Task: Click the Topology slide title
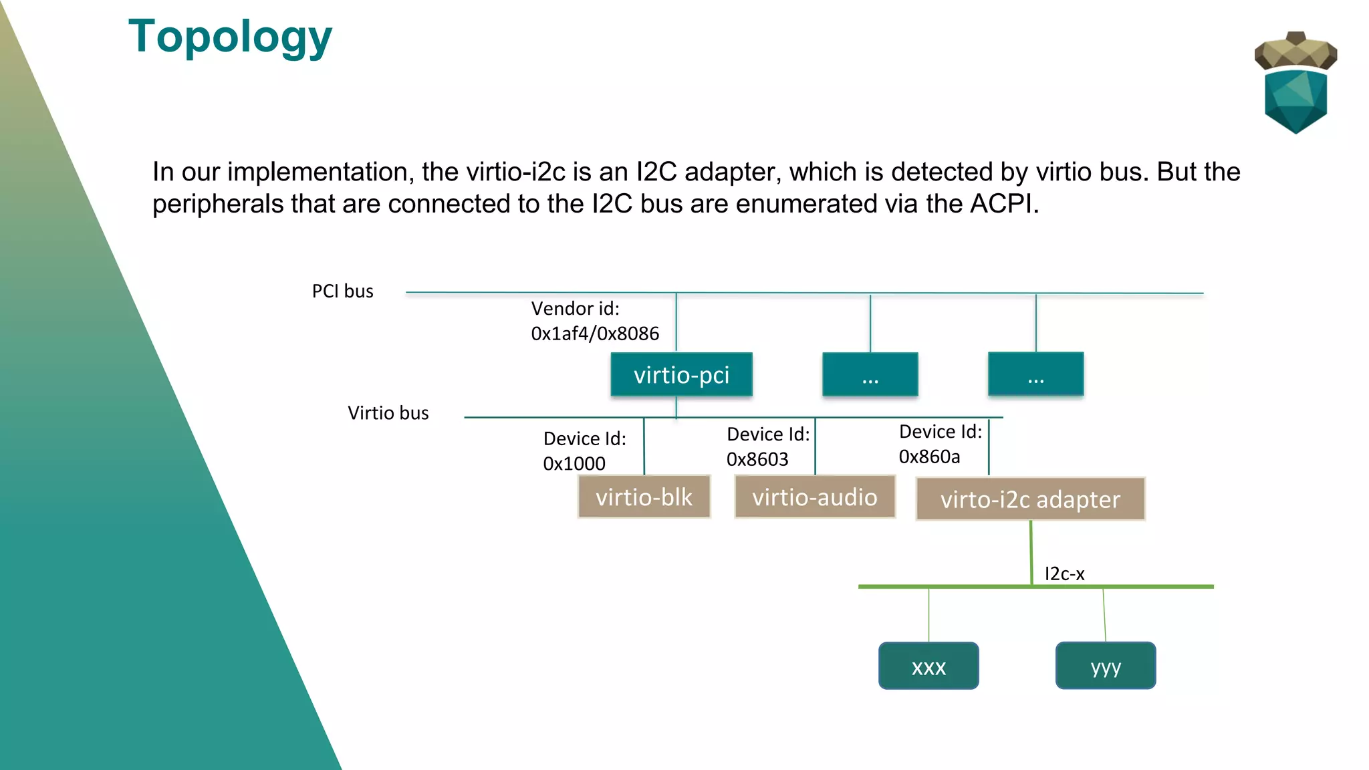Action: [230, 37]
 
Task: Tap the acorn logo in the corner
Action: [1295, 82]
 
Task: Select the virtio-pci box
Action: [681, 375]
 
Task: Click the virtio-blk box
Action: [644, 497]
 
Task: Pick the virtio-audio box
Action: [814, 497]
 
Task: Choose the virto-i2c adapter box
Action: [1030, 499]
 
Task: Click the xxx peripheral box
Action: [928, 666]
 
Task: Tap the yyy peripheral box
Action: [1106, 666]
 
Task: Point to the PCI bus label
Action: [342, 291]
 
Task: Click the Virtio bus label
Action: [388, 413]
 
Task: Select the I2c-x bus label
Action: [1064, 573]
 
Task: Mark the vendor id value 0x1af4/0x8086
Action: [595, 334]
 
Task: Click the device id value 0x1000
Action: [574, 463]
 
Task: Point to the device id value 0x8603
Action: [757, 459]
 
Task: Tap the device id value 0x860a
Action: [929, 457]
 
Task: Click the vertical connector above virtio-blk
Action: [644, 446]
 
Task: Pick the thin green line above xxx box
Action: [928, 615]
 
